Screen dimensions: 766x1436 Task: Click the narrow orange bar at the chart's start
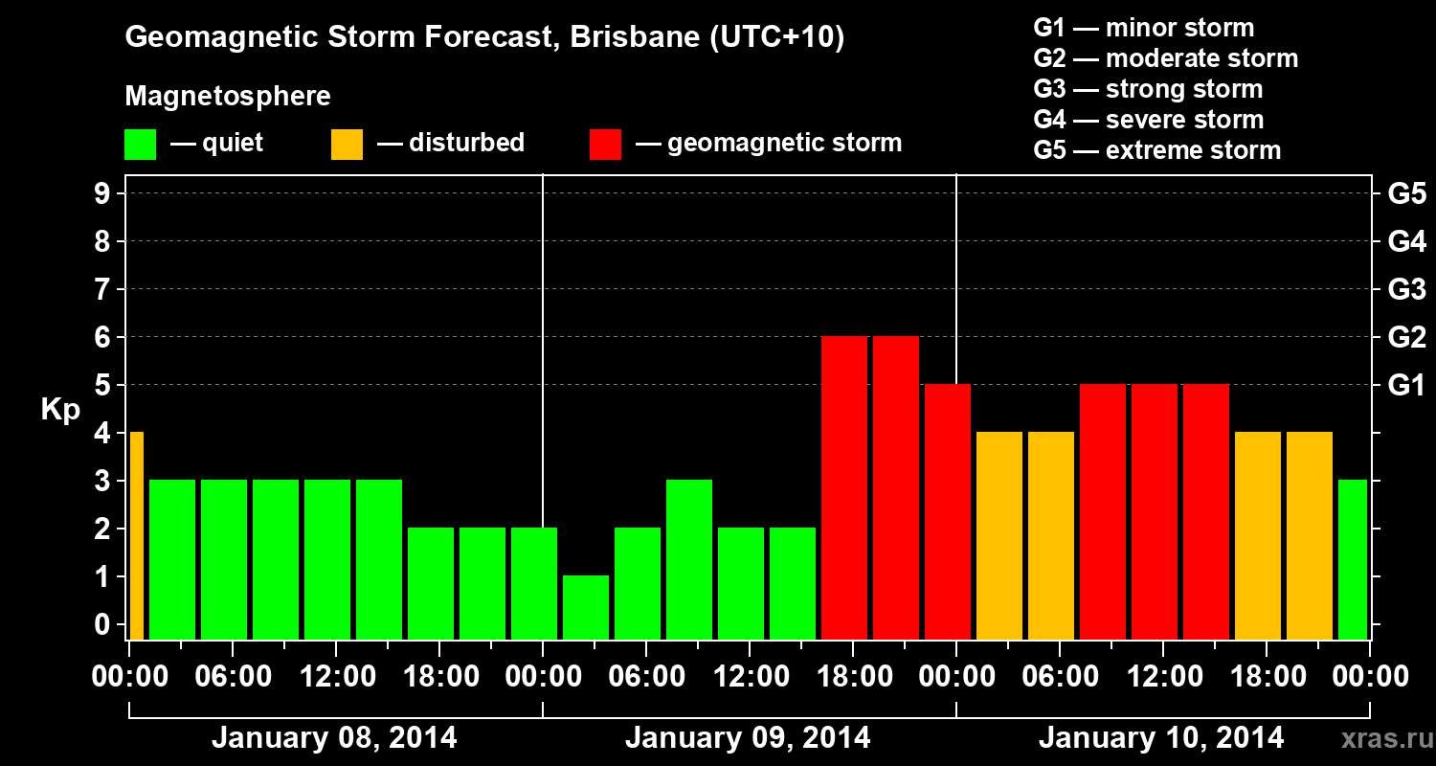tap(136, 536)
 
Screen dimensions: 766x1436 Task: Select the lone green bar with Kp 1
tap(586, 607)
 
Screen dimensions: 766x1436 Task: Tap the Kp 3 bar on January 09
tap(689, 559)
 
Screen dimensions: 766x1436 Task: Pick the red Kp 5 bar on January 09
tap(948, 511)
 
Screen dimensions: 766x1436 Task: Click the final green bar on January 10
tap(1353, 559)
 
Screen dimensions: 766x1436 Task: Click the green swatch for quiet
tap(140, 145)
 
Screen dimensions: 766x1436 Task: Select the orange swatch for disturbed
tap(347, 145)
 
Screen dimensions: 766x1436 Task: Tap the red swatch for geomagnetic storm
tap(605, 145)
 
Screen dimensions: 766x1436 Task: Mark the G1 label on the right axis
tap(1406, 386)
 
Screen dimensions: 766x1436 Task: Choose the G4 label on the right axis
tap(1406, 242)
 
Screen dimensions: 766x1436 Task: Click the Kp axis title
tap(60, 410)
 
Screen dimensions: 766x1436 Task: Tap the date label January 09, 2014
tap(748, 738)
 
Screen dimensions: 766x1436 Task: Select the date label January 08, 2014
tap(334, 738)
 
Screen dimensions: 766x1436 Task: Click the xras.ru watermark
tap(1382, 739)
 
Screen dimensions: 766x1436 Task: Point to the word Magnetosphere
tap(228, 97)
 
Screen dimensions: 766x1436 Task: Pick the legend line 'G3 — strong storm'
tap(1148, 89)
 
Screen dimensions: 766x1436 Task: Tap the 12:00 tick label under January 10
tap(1162, 677)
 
